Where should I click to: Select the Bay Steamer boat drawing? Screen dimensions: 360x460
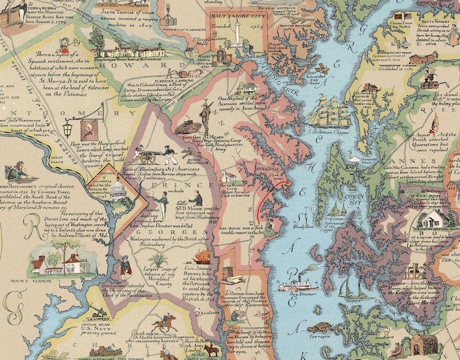(x=295, y=286)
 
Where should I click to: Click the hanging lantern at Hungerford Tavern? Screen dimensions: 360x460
(x=68, y=125)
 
